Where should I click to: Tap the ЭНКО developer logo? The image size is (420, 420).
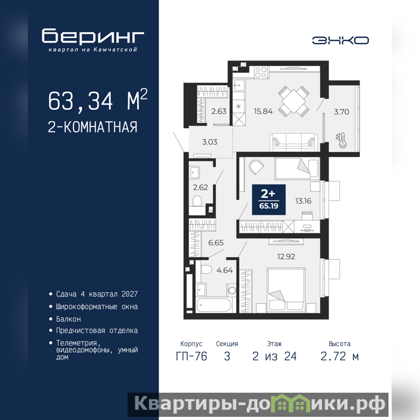click(340, 40)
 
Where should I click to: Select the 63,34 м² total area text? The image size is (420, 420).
click(98, 100)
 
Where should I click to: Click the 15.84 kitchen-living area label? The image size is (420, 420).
click(263, 111)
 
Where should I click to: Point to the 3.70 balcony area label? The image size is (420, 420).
click(342, 112)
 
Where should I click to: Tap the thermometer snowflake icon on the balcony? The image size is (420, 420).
click(341, 140)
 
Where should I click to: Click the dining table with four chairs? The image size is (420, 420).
click(293, 101)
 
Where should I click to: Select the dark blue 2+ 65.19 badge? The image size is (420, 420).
click(269, 199)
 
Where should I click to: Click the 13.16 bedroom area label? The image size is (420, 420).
click(303, 201)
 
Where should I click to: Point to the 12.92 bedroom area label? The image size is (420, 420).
click(286, 257)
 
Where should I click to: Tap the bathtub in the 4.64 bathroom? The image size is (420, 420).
click(214, 305)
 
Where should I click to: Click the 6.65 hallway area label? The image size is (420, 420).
click(216, 243)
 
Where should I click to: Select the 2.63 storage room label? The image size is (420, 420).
click(219, 111)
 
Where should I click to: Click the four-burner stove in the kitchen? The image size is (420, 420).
click(260, 72)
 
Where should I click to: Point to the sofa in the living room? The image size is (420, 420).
click(293, 142)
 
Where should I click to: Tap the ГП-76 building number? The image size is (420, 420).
click(191, 356)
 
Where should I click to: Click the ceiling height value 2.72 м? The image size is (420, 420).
click(340, 356)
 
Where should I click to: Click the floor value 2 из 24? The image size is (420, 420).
click(275, 356)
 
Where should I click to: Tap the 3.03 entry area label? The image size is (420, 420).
click(209, 142)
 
